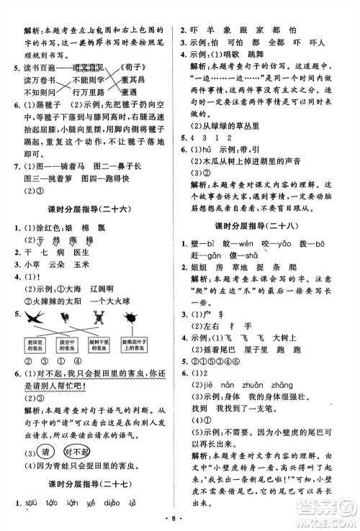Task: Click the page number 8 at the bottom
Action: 180,516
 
